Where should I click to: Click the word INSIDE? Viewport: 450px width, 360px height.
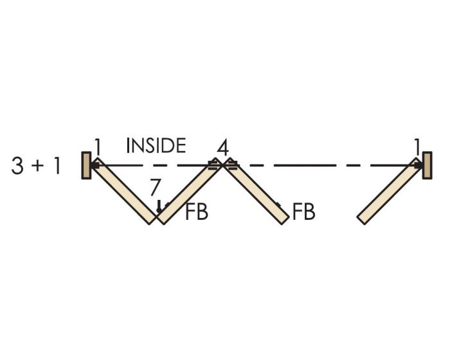pos(156,145)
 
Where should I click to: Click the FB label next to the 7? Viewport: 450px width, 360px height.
pos(197,213)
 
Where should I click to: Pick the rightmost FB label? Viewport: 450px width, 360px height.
pos(303,213)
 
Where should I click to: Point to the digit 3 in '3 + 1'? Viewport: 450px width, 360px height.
pos(19,166)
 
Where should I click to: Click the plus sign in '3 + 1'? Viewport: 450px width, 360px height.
pos(39,166)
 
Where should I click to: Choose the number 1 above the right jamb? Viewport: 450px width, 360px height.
pos(418,147)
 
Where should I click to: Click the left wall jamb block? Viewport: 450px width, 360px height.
pos(85,165)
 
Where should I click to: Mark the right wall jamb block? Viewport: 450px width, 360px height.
pos(427,165)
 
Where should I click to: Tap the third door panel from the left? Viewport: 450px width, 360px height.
pos(256,192)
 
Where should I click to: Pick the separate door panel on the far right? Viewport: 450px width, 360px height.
pos(390,192)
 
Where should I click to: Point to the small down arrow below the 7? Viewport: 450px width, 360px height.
pos(158,207)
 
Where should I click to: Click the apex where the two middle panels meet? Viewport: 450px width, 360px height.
pos(222,164)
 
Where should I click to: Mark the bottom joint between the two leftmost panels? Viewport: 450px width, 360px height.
pos(156,221)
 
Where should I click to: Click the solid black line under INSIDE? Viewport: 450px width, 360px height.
pos(154,165)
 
